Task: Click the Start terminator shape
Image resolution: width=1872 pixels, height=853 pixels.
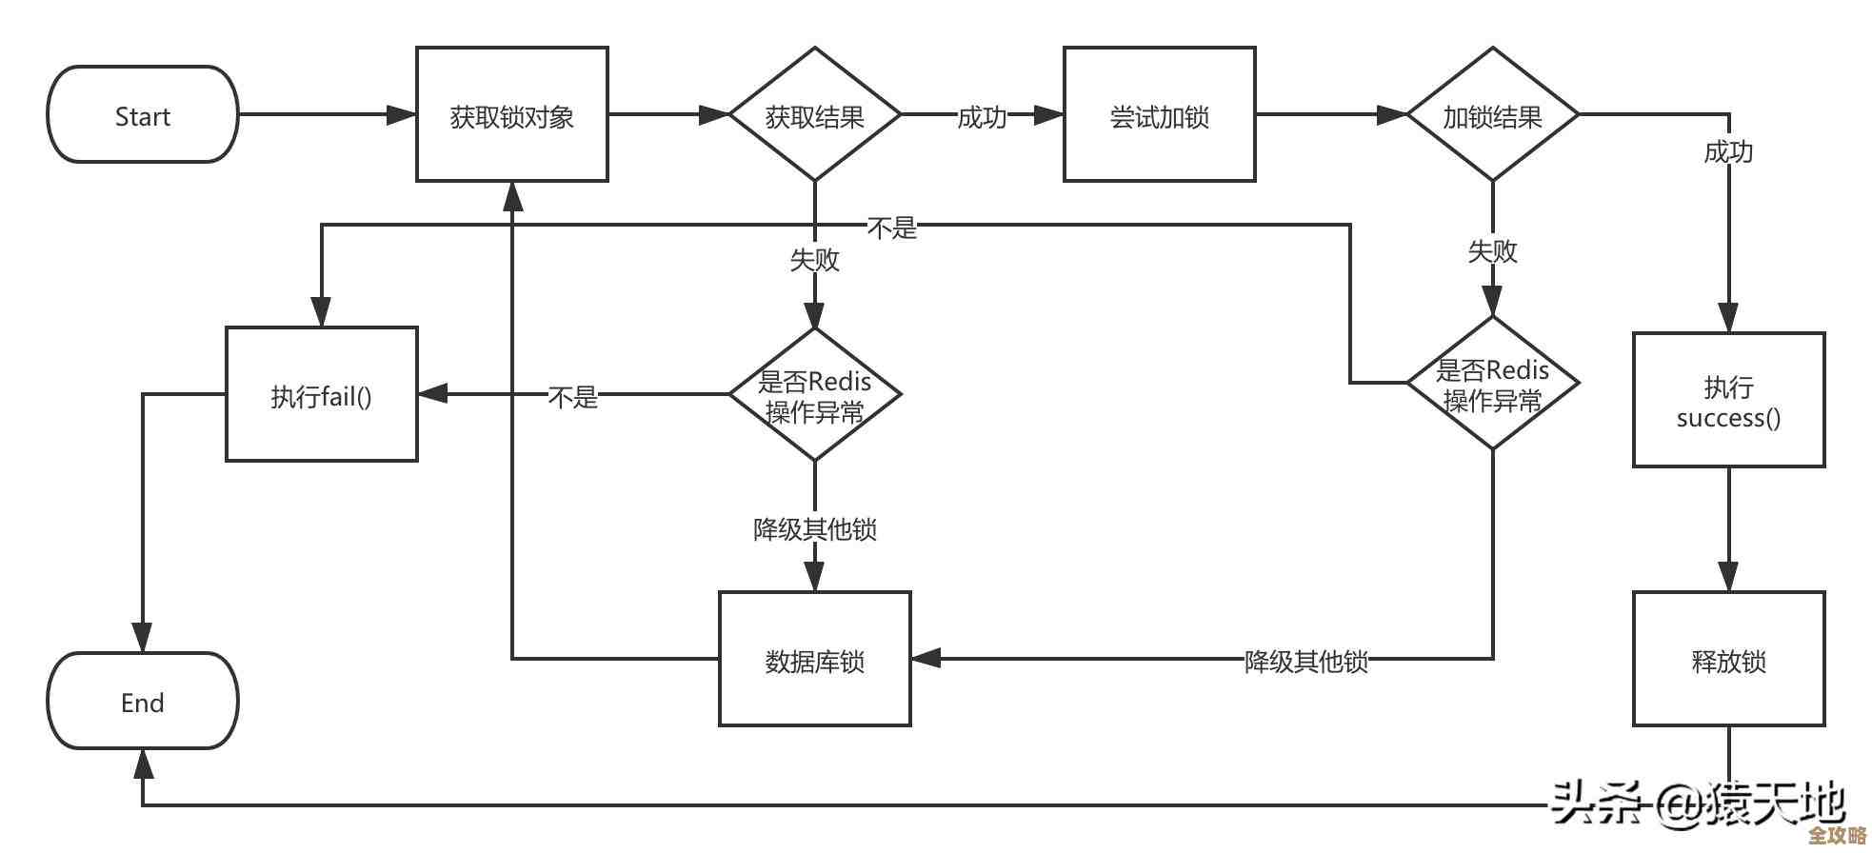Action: (143, 115)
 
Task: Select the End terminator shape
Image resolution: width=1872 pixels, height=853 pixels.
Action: (143, 702)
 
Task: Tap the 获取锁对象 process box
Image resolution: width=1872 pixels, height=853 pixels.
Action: (511, 115)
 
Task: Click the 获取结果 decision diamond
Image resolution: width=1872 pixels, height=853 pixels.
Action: (814, 115)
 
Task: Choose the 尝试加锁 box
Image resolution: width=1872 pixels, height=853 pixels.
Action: (1159, 115)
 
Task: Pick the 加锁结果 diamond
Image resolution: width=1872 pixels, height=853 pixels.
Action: (1492, 115)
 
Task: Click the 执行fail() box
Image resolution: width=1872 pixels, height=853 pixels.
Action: (321, 395)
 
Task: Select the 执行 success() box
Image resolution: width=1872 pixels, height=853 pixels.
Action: (1728, 401)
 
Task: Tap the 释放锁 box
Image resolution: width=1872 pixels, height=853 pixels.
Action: (1728, 660)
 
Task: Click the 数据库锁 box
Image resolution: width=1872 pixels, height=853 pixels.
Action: (814, 660)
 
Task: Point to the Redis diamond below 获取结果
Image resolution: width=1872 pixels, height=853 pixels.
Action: (814, 395)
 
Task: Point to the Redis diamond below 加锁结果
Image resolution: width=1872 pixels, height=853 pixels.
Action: (1492, 384)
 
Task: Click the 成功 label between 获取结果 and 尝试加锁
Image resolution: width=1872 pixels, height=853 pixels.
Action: (981, 117)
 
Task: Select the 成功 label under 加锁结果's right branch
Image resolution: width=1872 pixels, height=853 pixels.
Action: (1727, 151)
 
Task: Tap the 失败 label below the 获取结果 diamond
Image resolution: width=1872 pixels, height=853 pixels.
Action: (814, 259)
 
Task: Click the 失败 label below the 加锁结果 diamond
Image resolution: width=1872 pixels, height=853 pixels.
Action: (1492, 251)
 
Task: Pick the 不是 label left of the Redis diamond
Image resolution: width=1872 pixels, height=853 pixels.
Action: (572, 396)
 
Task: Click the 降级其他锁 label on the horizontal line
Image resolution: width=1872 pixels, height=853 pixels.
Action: (1305, 661)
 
